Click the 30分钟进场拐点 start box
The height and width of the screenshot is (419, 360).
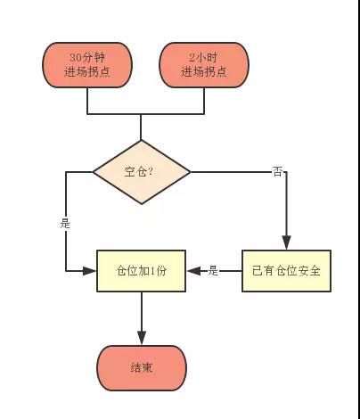[87, 65]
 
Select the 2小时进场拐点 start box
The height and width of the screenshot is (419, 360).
[204, 65]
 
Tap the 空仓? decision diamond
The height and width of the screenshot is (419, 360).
[142, 172]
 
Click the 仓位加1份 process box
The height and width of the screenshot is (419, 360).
[142, 271]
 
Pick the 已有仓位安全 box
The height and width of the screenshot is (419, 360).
[286, 271]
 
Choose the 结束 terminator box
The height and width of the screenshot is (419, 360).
[142, 368]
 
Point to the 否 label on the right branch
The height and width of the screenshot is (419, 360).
[277, 171]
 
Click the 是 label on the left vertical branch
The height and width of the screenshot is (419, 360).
[65, 223]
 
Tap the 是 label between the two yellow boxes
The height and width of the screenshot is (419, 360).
[213, 271]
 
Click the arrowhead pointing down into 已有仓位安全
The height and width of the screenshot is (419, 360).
[286, 242]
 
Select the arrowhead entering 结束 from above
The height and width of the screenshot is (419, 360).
[142, 338]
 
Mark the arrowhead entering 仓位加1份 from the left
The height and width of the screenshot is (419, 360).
[89, 271]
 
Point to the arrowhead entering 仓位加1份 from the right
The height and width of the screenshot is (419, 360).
[194, 271]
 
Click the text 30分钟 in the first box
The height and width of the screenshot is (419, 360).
[87, 57]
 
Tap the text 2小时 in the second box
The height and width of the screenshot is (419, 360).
[204, 57]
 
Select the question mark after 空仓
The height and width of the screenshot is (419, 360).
[150, 171]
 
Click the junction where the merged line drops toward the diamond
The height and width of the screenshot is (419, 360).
[141, 114]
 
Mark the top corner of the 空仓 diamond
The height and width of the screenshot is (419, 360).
[142, 140]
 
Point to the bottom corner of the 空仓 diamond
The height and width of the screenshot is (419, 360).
[142, 204]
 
